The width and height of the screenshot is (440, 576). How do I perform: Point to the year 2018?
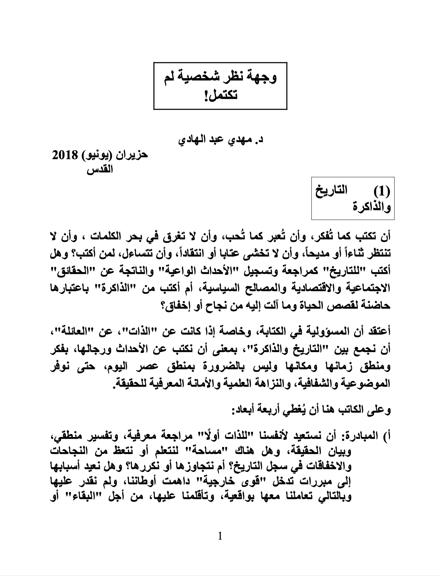click(65, 156)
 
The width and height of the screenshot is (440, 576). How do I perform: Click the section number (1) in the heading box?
click(382, 191)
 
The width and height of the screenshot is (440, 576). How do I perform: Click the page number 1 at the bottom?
click(220, 536)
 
